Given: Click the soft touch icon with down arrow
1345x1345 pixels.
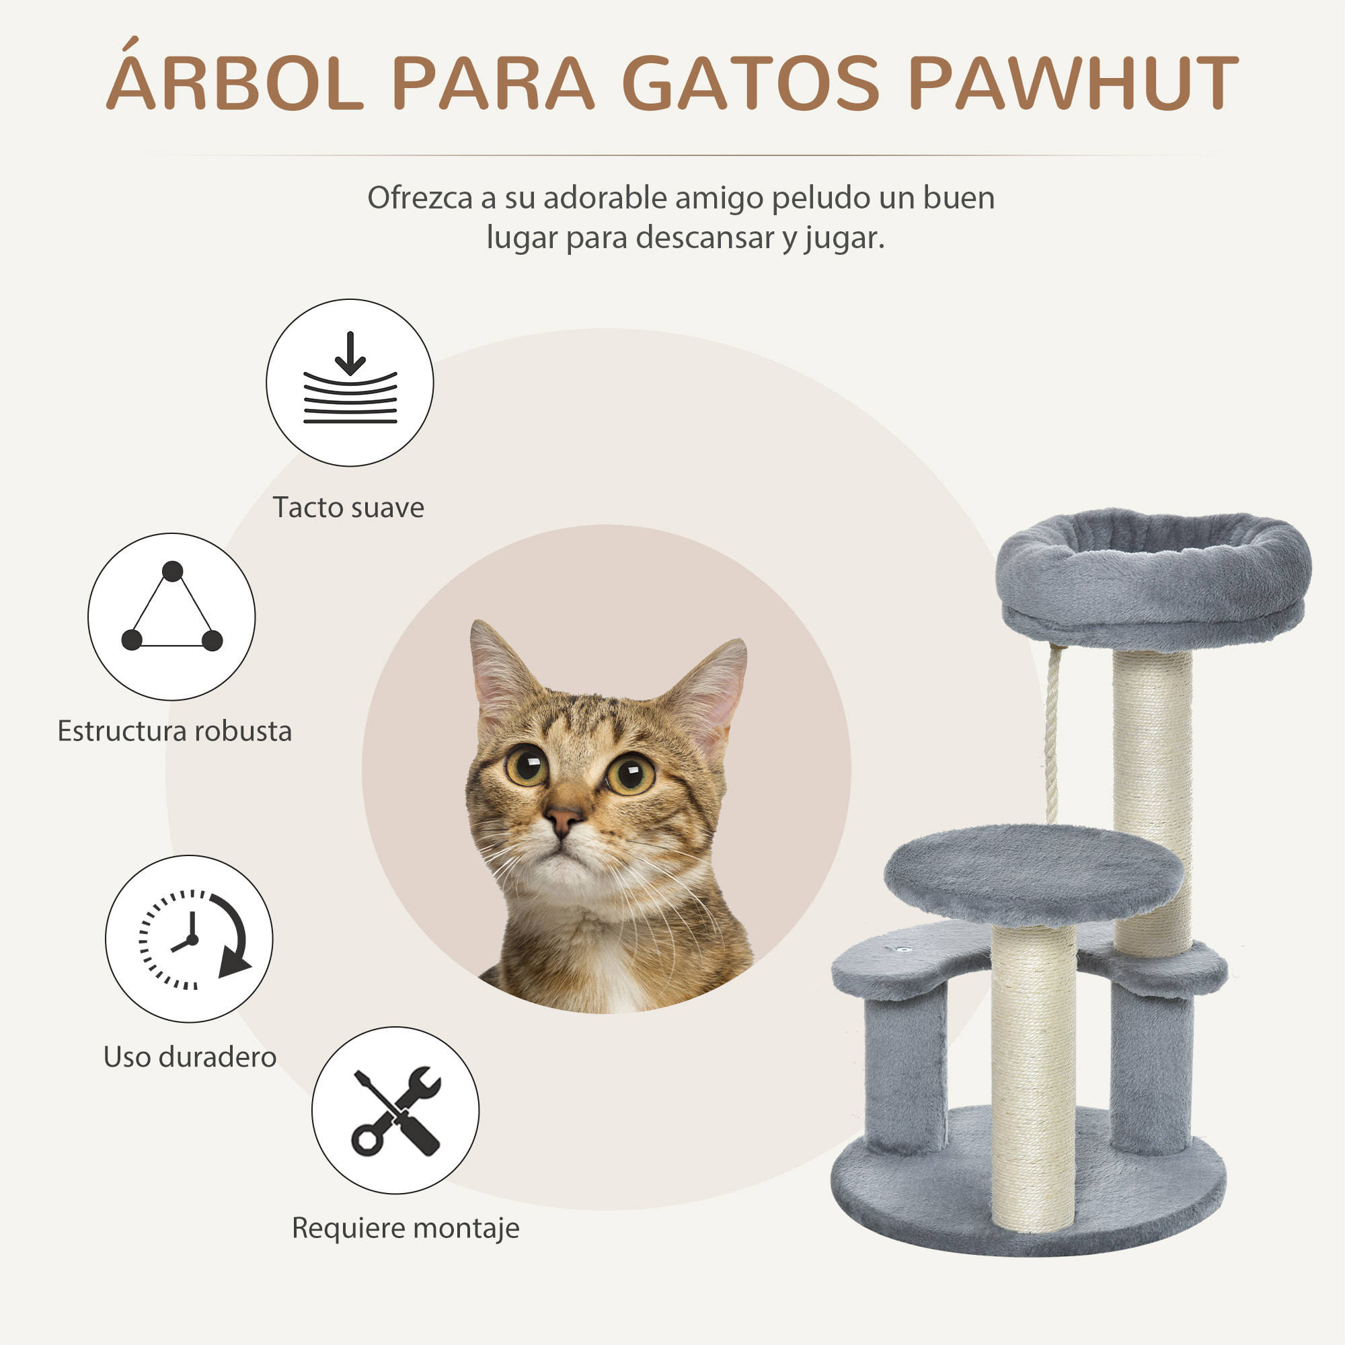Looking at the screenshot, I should point(350,383).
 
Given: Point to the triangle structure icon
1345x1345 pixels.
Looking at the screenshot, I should point(171,617).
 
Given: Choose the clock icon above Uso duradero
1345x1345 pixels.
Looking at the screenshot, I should point(189,939).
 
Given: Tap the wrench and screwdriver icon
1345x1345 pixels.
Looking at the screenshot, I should point(395,1110).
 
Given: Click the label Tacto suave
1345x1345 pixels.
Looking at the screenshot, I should point(348,508).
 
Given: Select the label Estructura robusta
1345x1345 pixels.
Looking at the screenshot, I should point(174,732).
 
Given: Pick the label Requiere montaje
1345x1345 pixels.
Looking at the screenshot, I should point(405,1227).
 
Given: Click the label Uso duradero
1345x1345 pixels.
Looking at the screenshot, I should point(190,1056).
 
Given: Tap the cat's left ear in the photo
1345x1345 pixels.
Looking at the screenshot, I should point(498,668).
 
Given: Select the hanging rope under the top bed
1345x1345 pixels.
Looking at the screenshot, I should point(1052,731).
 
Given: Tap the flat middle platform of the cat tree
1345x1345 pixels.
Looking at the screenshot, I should point(1033,874).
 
